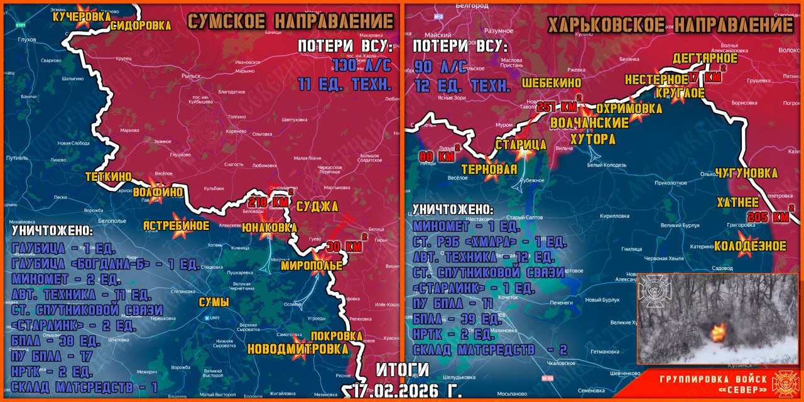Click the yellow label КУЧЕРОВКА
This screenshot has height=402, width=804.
pyautogui.click(x=82, y=18)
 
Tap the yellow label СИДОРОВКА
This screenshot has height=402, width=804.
pyautogui.click(x=141, y=26)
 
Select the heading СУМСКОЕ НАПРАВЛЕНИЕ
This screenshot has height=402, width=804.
pyautogui.click(x=290, y=21)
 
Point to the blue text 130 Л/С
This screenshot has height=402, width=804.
pyautogui.click(x=361, y=65)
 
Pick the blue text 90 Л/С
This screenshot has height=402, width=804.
pyautogui.click(x=440, y=66)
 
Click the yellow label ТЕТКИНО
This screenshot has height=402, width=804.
pyautogui.click(x=109, y=177)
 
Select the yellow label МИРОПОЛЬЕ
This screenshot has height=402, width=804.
pyautogui.click(x=312, y=266)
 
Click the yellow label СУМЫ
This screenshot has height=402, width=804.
pyautogui.click(x=214, y=303)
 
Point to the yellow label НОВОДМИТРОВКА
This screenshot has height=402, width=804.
pyautogui.click(x=298, y=349)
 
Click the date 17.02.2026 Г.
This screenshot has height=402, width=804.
pyautogui.click(x=407, y=391)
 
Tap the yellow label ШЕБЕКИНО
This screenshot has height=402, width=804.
pyautogui.click(x=551, y=83)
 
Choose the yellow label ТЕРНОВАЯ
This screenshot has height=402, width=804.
pyautogui.click(x=489, y=169)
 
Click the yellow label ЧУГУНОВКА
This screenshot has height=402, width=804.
pyautogui.click(x=746, y=173)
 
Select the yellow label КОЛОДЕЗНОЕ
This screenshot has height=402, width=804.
pyautogui.click(x=750, y=246)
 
